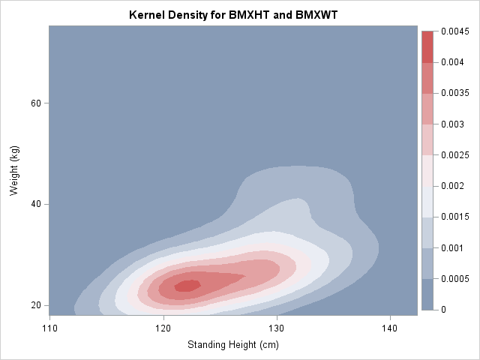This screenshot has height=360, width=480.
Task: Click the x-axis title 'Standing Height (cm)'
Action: click(232, 346)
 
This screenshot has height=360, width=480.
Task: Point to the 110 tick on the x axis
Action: click(49, 328)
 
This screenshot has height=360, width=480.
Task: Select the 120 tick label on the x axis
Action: click(163, 328)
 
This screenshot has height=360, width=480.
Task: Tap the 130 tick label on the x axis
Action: click(277, 328)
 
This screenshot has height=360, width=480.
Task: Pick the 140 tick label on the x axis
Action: click(390, 328)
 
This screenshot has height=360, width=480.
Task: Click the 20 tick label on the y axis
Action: click(34, 305)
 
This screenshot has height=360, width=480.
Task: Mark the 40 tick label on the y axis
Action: click(34, 204)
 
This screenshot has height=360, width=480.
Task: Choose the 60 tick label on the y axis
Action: click(34, 103)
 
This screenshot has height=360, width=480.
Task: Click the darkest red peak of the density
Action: click(187, 285)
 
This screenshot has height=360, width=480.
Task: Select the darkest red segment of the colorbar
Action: click(427, 46)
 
